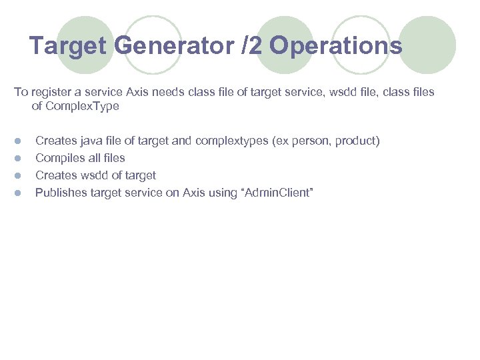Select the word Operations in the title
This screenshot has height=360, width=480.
[x=336, y=46]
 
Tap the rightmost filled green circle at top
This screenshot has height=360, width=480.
[x=427, y=45]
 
